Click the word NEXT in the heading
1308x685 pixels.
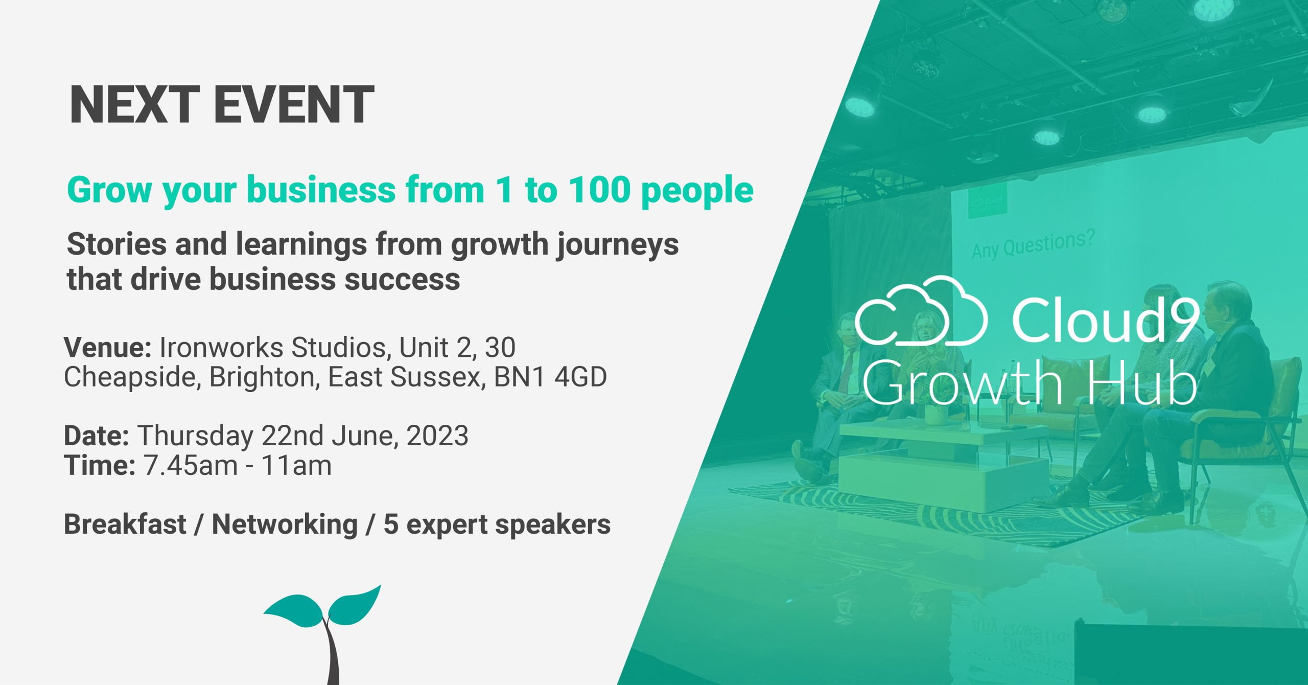(x=134, y=105)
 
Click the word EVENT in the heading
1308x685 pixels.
(x=294, y=105)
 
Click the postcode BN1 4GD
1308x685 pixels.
(x=550, y=377)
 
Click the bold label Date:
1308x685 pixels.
(x=96, y=436)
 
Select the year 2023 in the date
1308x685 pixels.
(x=437, y=436)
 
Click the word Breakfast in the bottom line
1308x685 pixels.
(x=125, y=524)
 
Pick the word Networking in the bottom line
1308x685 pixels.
(x=285, y=524)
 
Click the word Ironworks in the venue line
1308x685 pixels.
(x=221, y=348)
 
